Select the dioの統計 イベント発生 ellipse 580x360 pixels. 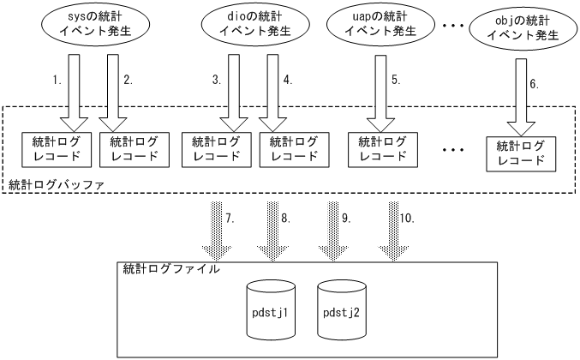pos(245,25)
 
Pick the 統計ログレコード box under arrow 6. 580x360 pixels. pos(516,153)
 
